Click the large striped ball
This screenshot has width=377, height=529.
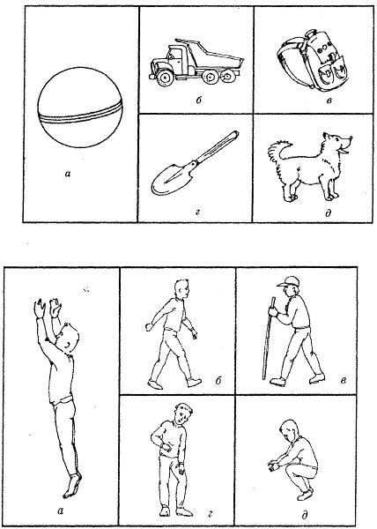(80, 107)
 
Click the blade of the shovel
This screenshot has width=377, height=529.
(172, 178)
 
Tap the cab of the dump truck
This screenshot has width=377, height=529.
(178, 55)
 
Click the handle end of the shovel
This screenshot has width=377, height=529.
(234, 134)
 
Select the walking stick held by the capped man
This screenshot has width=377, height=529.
(268, 338)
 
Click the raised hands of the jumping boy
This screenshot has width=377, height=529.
(48, 308)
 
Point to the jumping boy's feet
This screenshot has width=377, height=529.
(72, 485)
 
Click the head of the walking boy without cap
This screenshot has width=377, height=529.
(182, 289)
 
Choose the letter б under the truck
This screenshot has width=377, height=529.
(198, 101)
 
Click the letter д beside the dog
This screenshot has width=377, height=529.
(329, 213)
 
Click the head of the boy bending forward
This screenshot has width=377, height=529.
(183, 414)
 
